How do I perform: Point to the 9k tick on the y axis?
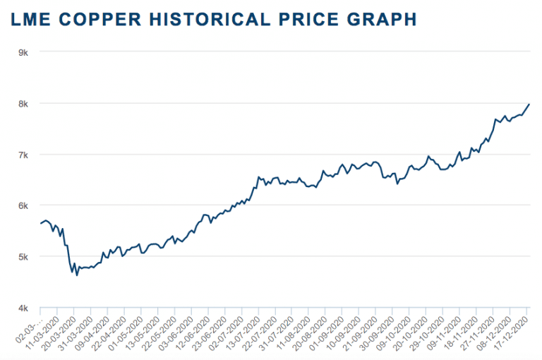pos(23,52)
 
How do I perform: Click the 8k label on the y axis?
pos(23,103)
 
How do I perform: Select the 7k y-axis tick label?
pos(23,155)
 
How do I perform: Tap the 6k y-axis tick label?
pos(23,205)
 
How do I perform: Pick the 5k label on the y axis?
pos(23,257)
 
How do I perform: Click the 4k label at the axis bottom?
pos(23,308)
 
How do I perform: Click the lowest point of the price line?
pos(77,275)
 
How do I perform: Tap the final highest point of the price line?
pos(529,104)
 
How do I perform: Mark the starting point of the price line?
pos(40,223)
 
